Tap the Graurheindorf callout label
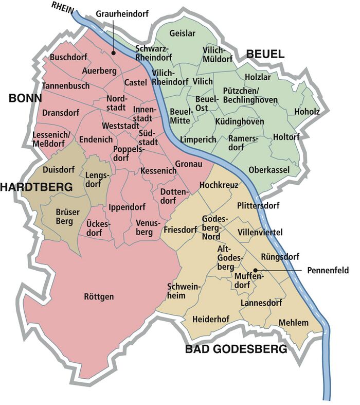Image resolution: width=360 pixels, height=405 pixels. pyautogui.click(x=119, y=14)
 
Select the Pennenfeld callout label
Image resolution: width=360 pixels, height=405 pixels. pyautogui.click(x=328, y=270)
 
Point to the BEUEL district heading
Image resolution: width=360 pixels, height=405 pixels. pyautogui.click(x=266, y=54)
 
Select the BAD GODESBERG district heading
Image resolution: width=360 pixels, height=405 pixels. pyautogui.click(x=236, y=350)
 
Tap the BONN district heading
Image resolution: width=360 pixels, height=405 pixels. pyautogui.click(x=25, y=98)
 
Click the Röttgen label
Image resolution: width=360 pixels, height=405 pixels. pyautogui.click(x=99, y=296)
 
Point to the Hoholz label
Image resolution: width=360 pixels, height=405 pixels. pyautogui.click(x=307, y=112)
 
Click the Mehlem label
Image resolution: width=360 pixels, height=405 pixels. pyautogui.click(x=293, y=323)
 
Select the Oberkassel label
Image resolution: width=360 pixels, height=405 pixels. pyautogui.click(x=269, y=170)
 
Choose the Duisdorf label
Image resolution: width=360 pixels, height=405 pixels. pyautogui.click(x=59, y=169)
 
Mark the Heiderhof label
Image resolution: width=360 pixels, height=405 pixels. pyautogui.click(x=210, y=320)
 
